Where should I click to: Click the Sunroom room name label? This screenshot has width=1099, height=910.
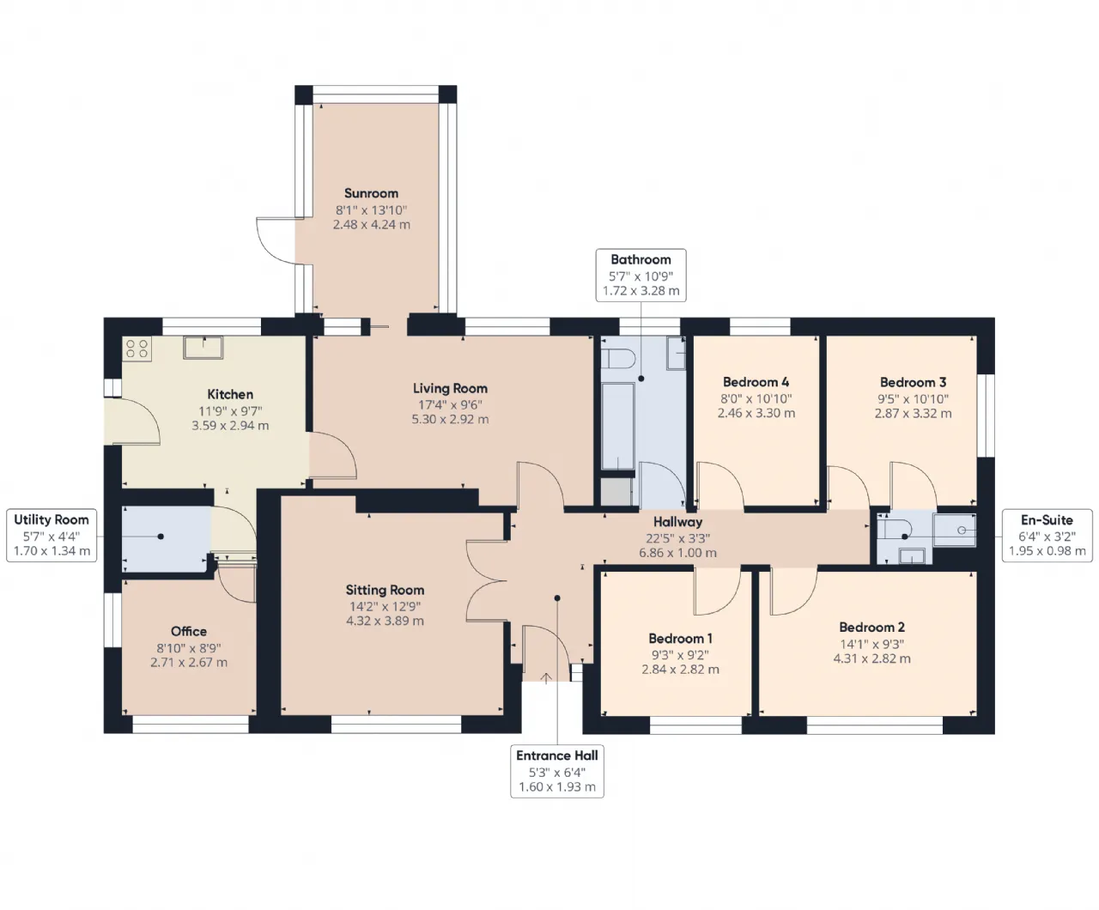point(371,193)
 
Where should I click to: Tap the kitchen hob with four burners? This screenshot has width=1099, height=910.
point(137,349)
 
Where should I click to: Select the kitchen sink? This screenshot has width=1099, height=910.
point(203,348)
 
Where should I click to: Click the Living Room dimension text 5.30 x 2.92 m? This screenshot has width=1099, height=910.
point(450,420)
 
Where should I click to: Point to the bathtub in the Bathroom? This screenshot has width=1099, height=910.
point(617,427)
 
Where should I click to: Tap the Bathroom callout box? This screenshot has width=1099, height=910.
point(641,276)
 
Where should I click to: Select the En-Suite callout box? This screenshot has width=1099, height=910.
point(1047,536)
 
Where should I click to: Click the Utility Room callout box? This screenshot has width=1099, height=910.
point(52,535)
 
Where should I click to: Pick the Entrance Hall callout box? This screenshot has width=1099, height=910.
point(557,771)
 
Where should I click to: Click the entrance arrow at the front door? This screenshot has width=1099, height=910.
point(546,678)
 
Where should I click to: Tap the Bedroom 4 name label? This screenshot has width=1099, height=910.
point(756,382)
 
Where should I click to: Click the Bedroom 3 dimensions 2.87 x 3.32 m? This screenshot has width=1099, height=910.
point(914,414)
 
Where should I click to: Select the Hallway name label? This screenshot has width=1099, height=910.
point(678,522)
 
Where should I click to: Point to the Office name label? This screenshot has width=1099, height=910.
point(189,631)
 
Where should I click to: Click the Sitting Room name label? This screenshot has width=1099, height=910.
point(385,590)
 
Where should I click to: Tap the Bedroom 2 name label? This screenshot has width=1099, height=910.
point(871,628)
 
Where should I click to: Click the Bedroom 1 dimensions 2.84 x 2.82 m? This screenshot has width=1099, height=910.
point(680,670)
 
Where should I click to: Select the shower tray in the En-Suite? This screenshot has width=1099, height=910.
point(954,531)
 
